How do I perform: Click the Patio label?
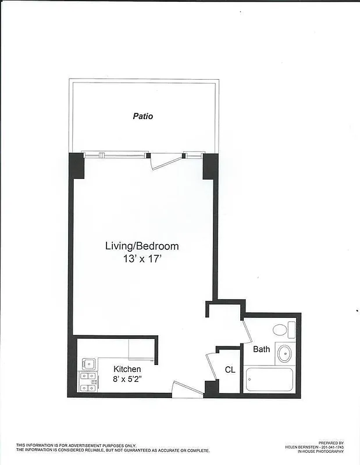tap(142, 116)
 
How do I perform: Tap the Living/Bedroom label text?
tap(141, 246)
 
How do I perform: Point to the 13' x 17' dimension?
tap(141, 259)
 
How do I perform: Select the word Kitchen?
tap(127, 369)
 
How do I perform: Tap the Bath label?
tap(261, 349)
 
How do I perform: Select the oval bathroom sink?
tap(284, 352)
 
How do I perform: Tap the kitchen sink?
tap(88, 364)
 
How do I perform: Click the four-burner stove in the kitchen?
tap(88, 382)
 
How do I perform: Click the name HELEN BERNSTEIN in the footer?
tap(301, 447)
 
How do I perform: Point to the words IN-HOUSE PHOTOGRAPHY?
tap(320, 451)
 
